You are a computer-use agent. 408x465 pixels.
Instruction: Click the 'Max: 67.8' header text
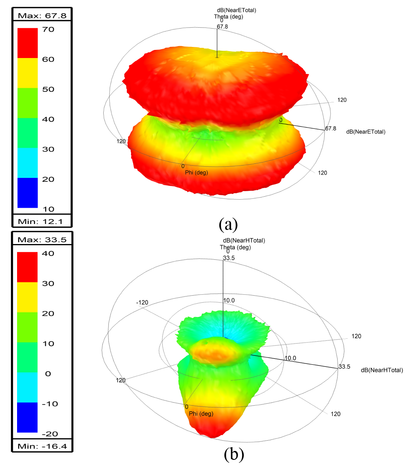click(x=42, y=16)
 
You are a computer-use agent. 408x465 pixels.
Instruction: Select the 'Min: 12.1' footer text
click(x=42, y=221)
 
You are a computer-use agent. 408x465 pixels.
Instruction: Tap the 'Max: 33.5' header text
click(x=42, y=240)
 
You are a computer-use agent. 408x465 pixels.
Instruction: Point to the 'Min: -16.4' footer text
click(x=42, y=447)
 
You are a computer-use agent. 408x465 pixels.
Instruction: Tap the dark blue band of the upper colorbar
click(x=27, y=192)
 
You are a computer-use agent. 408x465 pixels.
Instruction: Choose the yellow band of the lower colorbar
click(x=27, y=297)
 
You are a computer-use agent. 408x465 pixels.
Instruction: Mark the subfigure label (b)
click(x=234, y=454)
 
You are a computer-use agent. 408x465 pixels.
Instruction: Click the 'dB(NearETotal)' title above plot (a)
click(x=236, y=10)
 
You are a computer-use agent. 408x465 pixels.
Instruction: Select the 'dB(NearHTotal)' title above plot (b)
click(x=244, y=241)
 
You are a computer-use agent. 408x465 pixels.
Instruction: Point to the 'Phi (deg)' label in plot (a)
click(x=196, y=173)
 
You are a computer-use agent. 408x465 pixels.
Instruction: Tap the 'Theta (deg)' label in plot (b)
click(x=235, y=247)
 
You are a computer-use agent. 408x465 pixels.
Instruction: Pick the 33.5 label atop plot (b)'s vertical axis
click(x=229, y=258)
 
